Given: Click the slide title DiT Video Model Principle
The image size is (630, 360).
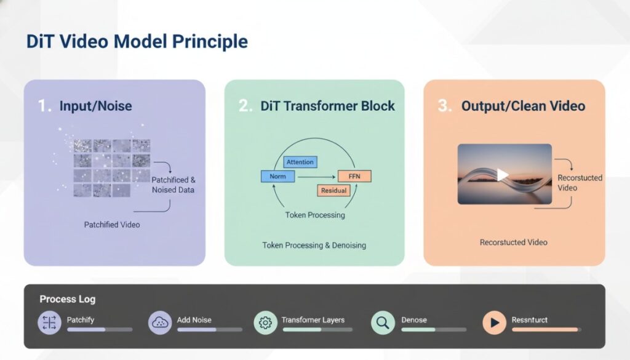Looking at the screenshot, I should pyautogui.click(x=137, y=42).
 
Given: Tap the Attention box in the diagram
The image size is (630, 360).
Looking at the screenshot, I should pyautogui.click(x=300, y=162).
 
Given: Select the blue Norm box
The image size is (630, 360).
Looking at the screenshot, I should pyautogui.click(x=277, y=177).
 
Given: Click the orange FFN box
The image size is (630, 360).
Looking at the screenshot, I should pyautogui.click(x=354, y=177).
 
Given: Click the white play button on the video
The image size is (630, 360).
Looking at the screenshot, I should pyautogui.click(x=503, y=175).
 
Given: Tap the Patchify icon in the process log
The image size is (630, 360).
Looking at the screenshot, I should pyautogui.click(x=49, y=322).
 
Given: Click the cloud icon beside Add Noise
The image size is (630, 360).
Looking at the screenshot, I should pyautogui.click(x=160, y=322).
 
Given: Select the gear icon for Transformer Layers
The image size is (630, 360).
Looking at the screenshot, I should pyautogui.click(x=266, y=322).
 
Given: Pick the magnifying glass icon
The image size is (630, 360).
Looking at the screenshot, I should pyautogui.click(x=383, y=322).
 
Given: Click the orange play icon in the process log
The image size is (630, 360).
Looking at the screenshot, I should pyautogui.click(x=494, y=322).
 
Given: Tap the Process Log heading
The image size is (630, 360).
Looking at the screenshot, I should pyautogui.click(x=68, y=300).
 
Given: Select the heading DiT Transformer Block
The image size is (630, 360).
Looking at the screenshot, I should pyautogui.click(x=328, y=106).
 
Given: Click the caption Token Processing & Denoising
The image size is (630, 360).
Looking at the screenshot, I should pyautogui.click(x=314, y=246).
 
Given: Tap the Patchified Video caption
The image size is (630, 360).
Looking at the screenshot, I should pyautogui.click(x=112, y=225).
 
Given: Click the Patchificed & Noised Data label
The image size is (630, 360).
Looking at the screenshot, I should pyautogui.click(x=173, y=185).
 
